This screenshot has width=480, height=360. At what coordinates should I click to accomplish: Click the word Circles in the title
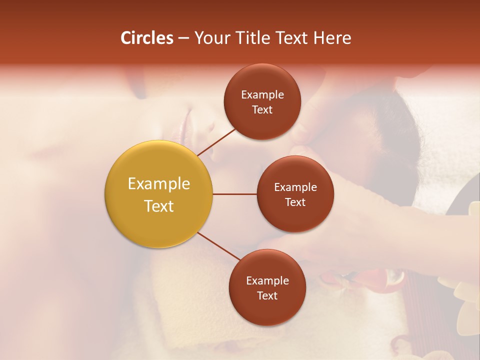click(x=146, y=38)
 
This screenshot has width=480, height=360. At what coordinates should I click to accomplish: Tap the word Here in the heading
click(x=332, y=38)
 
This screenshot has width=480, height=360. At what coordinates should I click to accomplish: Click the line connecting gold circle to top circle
click(x=216, y=141)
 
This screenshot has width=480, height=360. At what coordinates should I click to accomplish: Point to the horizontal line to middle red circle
click(x=234, y=194)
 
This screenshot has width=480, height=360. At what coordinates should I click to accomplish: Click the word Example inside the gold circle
click(x=158, y=184)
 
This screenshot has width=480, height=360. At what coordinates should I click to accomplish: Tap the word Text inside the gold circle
click(x=158, y=206)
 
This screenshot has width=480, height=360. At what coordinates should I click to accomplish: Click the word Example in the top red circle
click(x=262, y=95)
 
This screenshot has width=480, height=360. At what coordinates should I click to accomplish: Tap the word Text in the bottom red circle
click(x=267, y=296)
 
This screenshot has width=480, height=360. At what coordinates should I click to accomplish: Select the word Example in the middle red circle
click(x=295, y=187)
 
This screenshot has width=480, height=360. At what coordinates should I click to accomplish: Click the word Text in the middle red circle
click(x=295, y=202)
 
